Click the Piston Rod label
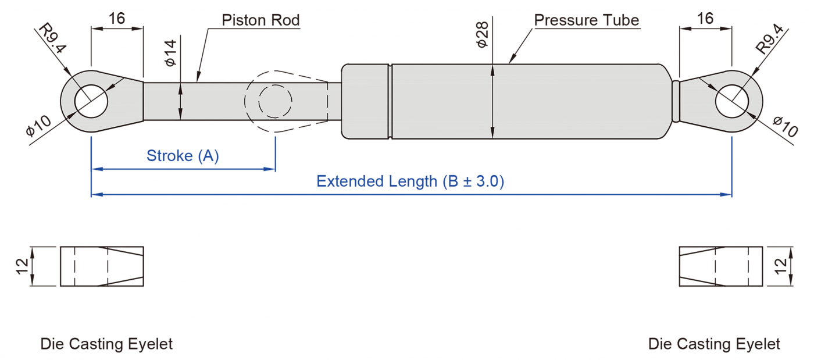tap(260, 20)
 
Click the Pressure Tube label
tap(586, 20)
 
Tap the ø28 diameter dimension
tap(482, 36)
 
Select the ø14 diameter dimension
tap(170, 54)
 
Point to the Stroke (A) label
tap(183, 156)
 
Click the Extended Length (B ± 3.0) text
tap(410, 181)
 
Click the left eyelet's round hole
tap(91, 100)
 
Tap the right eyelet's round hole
tap(731, 100)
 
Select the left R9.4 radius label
tap(53, 40)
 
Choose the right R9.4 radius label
tap(770, 40)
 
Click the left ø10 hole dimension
tap(38, 126)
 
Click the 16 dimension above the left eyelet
tap(117, 18)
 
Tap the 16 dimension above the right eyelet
tap(705, 18)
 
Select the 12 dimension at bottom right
tap(781, 266)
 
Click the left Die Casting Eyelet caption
tap(106, 344)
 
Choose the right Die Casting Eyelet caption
tap(714, 344)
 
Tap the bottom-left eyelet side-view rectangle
tap(102, 266)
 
